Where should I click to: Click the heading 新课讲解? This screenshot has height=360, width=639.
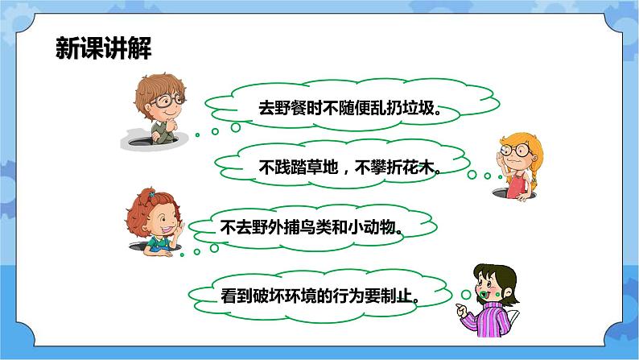[x=104, y=49]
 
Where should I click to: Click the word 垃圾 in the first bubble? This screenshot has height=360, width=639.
[x=421, y=107]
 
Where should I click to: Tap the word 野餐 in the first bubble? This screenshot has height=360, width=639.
[x=287, y=107]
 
